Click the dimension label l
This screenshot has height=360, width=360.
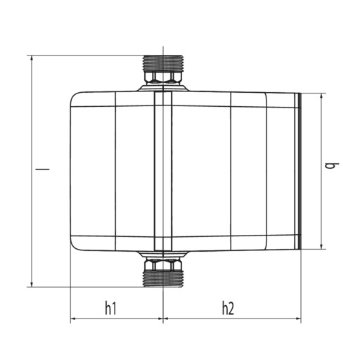point(41,169)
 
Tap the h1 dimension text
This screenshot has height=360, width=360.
point(111,307)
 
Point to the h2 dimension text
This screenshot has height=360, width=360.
point(228,307)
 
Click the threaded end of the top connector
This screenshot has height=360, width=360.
point(162,62)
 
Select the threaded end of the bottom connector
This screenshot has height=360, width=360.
point(162,280)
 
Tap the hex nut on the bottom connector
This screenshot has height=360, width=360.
point(162,265)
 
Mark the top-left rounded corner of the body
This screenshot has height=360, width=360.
point(75,97)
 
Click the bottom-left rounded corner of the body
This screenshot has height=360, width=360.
point(75,245)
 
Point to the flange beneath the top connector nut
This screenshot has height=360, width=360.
point(162,87)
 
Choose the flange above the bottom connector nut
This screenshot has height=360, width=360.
point(162,255)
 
